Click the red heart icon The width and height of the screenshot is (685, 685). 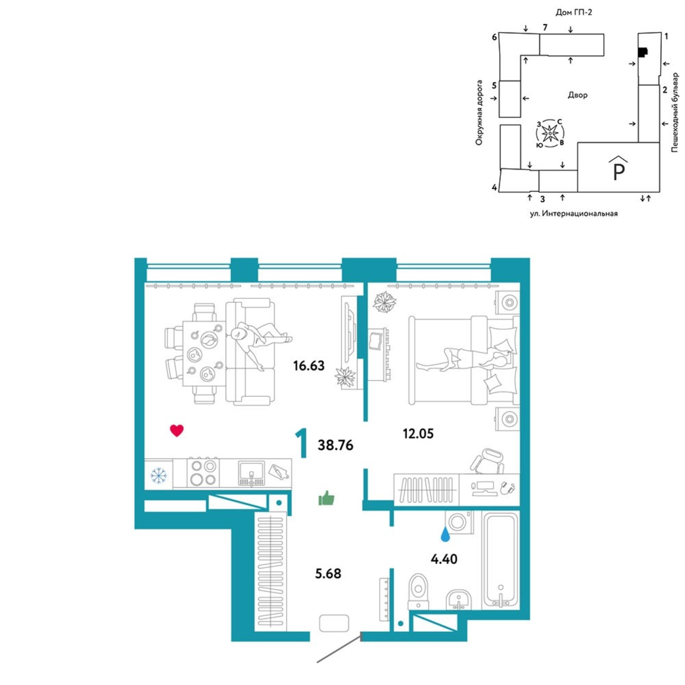(177, 431)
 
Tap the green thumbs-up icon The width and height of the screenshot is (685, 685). (326, 498)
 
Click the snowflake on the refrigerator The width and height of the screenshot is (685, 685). (158, 475)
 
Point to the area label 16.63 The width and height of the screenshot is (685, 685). (309, 365)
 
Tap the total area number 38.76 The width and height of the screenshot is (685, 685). (335, 445)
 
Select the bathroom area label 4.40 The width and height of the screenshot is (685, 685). (444, 559)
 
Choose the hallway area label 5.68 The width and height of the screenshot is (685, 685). (328, 573)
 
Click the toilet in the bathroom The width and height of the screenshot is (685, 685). (419, 591)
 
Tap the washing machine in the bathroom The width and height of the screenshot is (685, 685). (459, 522)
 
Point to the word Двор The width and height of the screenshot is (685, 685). (577, 95)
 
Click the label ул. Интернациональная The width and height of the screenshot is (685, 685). (574, 213)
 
